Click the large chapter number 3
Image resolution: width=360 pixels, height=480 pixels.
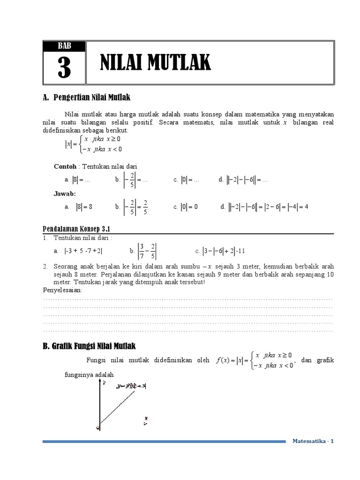click(x=64, y=68)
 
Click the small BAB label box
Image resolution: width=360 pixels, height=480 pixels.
click(x=64, y=46)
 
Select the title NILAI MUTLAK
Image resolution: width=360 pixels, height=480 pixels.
click(x=156, y=63)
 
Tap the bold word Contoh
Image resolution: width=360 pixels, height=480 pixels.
click(x=64, y=166)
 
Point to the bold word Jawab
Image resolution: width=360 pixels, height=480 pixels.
click(x=65, y=193)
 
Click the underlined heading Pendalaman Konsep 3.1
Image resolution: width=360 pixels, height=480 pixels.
click(x=76, y=229)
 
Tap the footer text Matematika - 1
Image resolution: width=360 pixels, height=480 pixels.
click(x=313, y=441)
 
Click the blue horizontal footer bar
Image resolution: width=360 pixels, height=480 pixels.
click(x=164, y=441)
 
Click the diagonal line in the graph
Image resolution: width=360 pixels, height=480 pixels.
click(x=117, y=408)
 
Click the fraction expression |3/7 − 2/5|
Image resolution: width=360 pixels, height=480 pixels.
click(x=147, y=251)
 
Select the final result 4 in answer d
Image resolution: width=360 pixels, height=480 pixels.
click(x=306, y=207)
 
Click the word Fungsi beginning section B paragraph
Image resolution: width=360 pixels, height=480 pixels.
click(x=97, y=360)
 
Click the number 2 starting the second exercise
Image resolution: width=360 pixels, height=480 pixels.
click(x=45, y=266)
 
